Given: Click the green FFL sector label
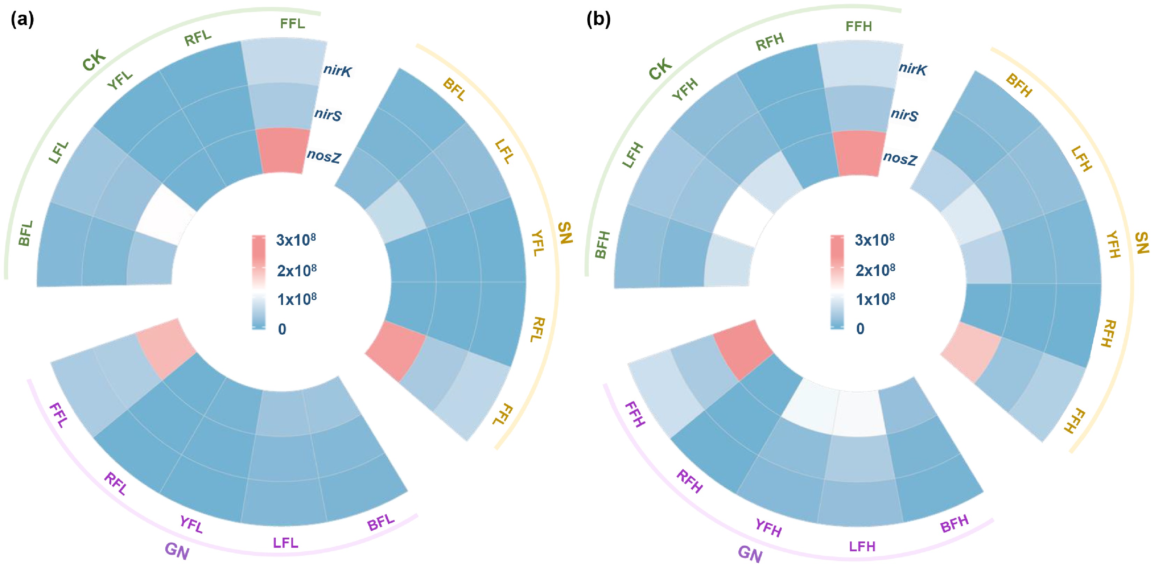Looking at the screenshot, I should coord(292,23).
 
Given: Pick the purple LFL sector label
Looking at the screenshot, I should coord(285,543).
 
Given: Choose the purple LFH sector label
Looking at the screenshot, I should coord(862,546).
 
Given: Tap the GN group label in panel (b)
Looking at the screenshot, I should coord(750,554).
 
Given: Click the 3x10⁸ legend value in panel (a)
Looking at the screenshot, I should coord(296,240).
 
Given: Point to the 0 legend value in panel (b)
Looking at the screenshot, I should coord(860,329).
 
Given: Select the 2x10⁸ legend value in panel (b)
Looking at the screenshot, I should coord(875,270).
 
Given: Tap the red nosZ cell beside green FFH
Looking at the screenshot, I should coord(859,153).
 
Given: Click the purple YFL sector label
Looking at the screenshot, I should coord(191,524).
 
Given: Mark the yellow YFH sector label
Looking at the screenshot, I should coord(1113,245).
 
